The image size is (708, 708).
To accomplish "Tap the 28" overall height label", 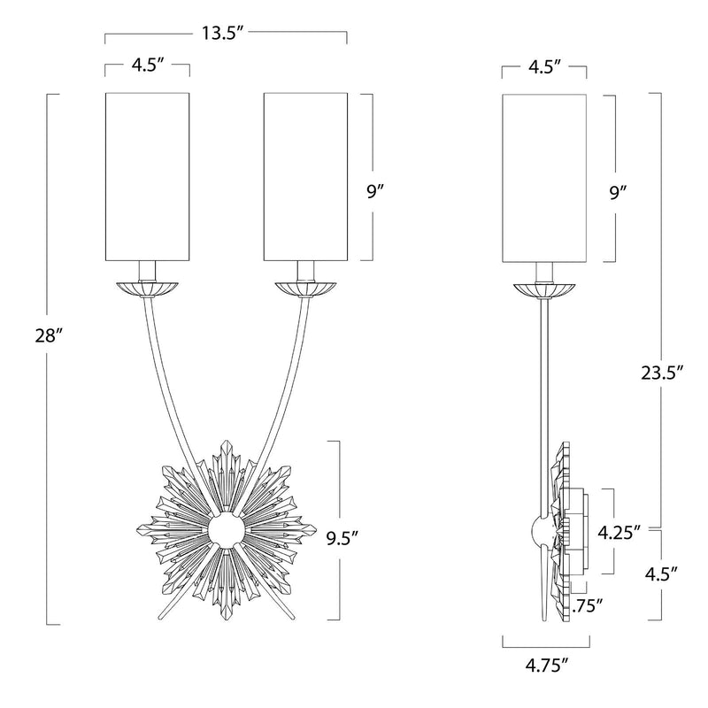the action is click(x=48, y=336).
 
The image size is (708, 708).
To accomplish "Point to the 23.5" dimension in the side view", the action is click(x=662, y=373).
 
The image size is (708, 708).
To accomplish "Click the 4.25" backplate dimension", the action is click(x=619, y=533).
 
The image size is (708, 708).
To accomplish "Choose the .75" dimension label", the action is click(x=588, y=606).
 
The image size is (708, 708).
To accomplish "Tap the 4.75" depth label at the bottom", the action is click(x=546, y=665).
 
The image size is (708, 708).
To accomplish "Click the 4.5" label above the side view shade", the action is click(x=545, y=65).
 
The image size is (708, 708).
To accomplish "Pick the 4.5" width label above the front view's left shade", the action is click(x=147, y=65).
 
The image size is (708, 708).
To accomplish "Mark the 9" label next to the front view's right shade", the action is click(x=374, y=193).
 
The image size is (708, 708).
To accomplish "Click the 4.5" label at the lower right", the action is click(x=661, y=573).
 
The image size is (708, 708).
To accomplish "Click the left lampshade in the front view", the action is click(x=147, y=176).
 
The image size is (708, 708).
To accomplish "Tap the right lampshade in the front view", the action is click(x=305, y=176).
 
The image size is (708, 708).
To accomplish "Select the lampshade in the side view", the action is click(x=544, y=178).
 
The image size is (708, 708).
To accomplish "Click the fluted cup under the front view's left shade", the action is click(x=147, y=289).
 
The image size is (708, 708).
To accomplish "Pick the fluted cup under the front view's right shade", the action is click(x=305, y=289).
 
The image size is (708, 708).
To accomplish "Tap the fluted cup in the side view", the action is click(x=544, y=291).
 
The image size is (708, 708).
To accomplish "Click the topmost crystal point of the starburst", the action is click(x=226, y=442).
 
